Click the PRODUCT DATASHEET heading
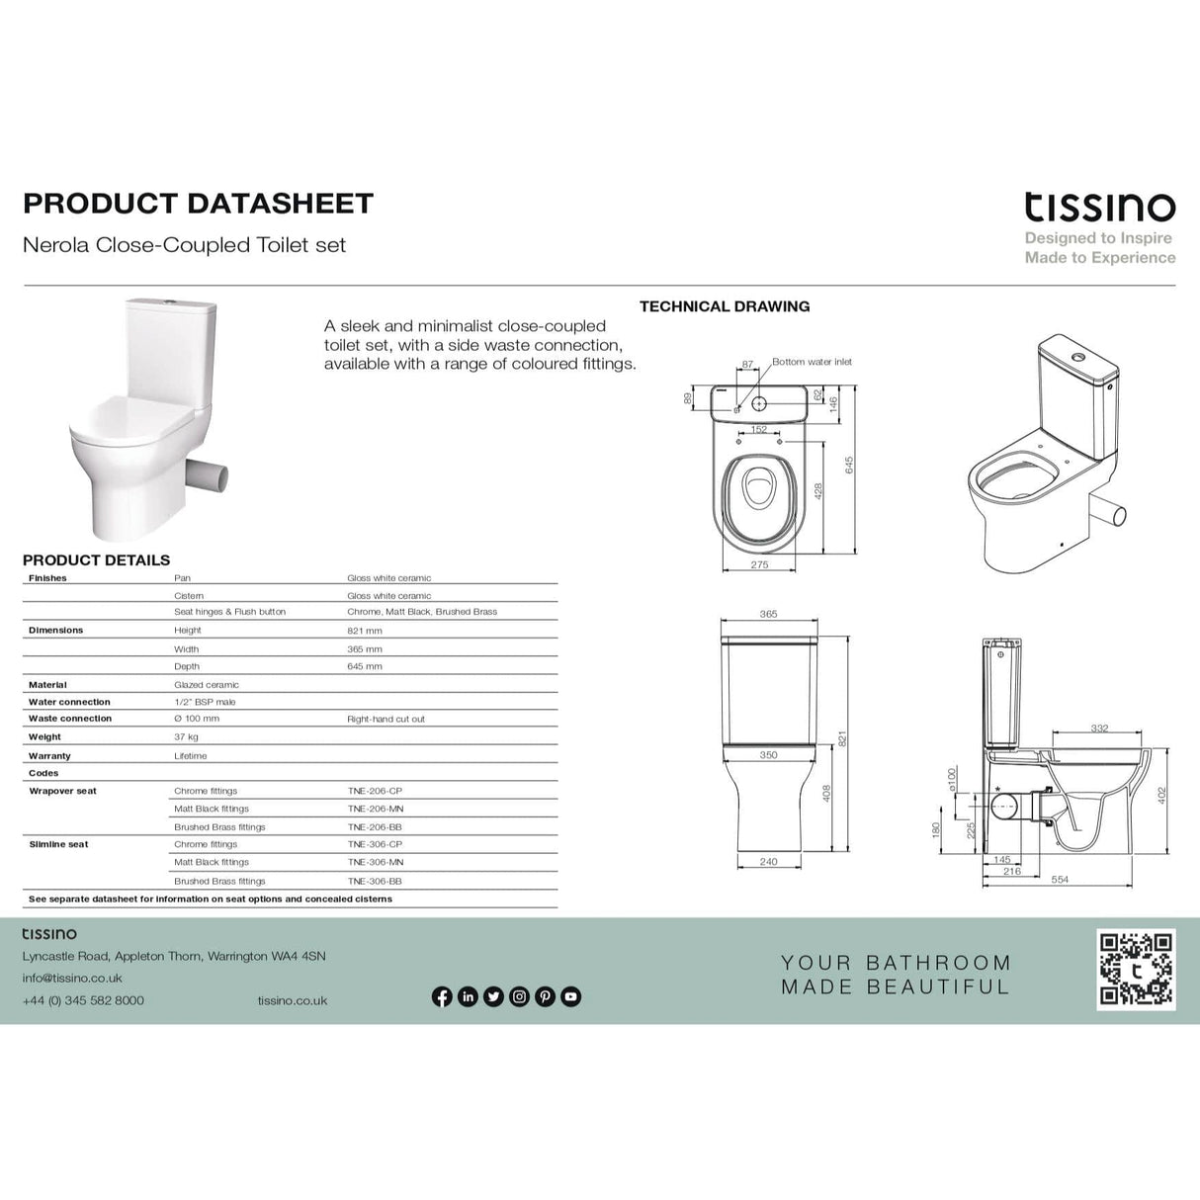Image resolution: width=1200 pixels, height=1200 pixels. pyautogui.click(x=198, y=204)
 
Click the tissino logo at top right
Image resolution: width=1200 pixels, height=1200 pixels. pyautogui.click(x=1099, y=207)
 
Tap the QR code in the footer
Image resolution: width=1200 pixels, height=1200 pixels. pyautogui.click(x=1136, y=969)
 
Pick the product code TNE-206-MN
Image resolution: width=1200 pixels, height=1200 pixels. pyautogui.click(x=375, y=810)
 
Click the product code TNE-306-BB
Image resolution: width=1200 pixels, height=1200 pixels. pyautogui.click(x=375, y=881)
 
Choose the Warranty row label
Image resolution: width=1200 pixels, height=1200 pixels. pyautogui.click(x=49, y=756)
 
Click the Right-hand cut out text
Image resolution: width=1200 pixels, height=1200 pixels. pyautogui.click(x=386, y=720)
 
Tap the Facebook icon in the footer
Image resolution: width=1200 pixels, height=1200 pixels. pyautogui.click(x=442, y=996)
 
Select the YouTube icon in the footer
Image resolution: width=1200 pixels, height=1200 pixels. pyautogui.click(x=570, y=996)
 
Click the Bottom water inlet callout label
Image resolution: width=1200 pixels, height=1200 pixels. pyautogui.click(x=812, y=362)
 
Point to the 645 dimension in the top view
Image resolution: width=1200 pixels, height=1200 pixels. pyautogui.click(x=849, y=465)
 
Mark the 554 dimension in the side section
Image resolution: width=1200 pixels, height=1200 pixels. pyautogui.click(x=1060, y=880)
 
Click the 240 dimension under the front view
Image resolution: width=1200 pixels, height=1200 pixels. pyautogui.click(x=768, y=862)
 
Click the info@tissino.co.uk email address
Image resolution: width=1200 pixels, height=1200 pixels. pyautogui.click(x=72, y=979)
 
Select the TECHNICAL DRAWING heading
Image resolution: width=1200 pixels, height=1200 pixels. pyautogui.click(x=725, y=306)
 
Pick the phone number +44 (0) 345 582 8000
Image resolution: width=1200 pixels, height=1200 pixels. pyautogui.click(x=83, y=1000)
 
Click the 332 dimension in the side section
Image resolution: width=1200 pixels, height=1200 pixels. pyautogui.click(x=1099, y=729)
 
